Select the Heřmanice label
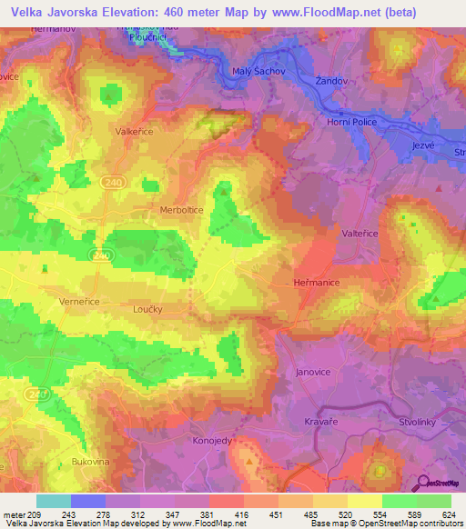317,283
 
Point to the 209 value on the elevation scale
27,514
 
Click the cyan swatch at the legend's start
54,501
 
